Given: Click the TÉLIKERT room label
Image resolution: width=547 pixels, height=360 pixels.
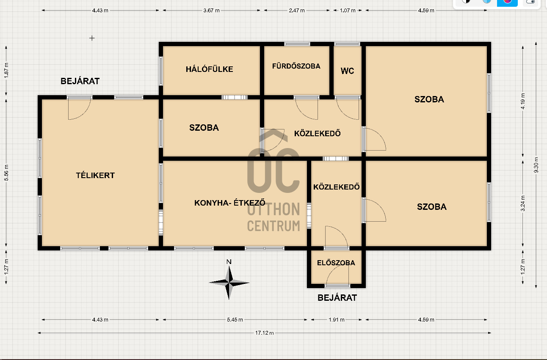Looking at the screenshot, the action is pyautogui.click(x=95, y=175).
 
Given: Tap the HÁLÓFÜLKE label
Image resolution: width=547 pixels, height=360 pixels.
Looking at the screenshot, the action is pyautogui.click(x=209, y=69).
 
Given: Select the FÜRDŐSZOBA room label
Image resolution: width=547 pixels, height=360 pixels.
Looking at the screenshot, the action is pyautogui.click(x=296, y=66).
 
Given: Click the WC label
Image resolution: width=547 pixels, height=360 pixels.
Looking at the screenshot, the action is pyautogui.click(x=347, y=71).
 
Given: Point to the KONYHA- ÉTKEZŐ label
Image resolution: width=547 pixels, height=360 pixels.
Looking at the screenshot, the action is pyautogui.click(x=230, y=203).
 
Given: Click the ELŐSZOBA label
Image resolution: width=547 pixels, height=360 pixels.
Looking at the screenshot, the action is pyautogui.click(x=336, y=263).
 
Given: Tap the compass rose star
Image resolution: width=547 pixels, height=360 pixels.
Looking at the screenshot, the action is pyautogui.click(x=229, y=283).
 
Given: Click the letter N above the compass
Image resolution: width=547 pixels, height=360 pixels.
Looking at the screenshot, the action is pyautogui.click(x=229, y=261).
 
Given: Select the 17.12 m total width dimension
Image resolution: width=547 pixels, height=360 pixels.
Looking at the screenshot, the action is pyautogui.click(x=265, y=333).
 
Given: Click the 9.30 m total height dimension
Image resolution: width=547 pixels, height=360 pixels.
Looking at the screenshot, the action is pyautogui.click(x=536, y=165).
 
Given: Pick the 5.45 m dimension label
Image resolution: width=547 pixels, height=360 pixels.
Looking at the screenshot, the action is pyautogui.click(x=235, y=319).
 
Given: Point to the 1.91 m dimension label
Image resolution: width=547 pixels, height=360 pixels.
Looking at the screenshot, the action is pyautogui.click(x=337, y=319).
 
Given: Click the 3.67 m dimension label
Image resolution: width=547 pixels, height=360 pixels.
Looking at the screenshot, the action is pyautogui.click(x=211, y=11).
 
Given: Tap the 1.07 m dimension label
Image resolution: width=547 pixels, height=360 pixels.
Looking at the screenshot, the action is pyautogui.click(x=348, y=11).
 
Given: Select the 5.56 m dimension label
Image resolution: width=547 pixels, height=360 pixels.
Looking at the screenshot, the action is pyautogui.click(x=6, y=173).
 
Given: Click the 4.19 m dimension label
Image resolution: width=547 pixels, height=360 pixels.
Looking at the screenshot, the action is pyautogui.click(x=523, y=101).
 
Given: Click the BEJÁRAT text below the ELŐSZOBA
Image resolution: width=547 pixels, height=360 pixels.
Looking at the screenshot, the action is pyautogui.click(x=337, y=297).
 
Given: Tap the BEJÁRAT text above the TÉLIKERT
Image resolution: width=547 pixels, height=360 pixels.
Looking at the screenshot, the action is pyautogui.click(x=80, y=81).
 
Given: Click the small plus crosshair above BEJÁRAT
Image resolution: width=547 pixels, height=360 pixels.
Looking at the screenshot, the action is pyautogui.click(x=92, y=38).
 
